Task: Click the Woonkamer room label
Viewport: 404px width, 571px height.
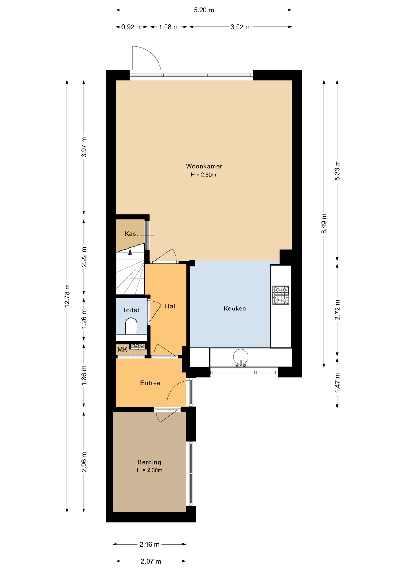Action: (x=204, y=166)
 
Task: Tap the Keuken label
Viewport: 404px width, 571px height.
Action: (x=235, y=308)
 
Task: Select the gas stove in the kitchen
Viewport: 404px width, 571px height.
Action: (x=281, y=295)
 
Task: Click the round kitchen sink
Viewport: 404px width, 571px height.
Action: (x=240, y=357)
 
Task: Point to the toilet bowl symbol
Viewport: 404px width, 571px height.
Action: (x=131, y=326)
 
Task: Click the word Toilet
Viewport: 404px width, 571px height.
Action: (x=131, y=310)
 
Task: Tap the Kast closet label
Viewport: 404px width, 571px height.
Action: (x=131, y=233)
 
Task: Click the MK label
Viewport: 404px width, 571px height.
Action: (x=122, y=349)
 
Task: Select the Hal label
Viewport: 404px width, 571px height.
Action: (x=170, y=306)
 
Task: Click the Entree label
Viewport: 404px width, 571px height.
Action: (x=150, y=383)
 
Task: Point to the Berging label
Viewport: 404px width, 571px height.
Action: (x=149, y=462)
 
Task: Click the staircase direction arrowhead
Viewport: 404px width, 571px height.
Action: (x=130, y=252)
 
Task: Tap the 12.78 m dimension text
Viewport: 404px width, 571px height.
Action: (x=67, y=296)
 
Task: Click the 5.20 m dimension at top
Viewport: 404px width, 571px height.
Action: (x=204, y=10)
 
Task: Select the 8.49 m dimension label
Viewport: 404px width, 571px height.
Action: (x=324, y=223)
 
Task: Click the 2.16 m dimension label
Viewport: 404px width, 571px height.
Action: (x=149, y=545)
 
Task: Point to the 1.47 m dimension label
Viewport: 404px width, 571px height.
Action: (x=337, y=382)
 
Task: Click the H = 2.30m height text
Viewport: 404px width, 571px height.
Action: (x=149, y=470)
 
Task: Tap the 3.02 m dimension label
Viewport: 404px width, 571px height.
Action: (x=240, y=27)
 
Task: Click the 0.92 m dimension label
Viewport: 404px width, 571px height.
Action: (x=131, y=27)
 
